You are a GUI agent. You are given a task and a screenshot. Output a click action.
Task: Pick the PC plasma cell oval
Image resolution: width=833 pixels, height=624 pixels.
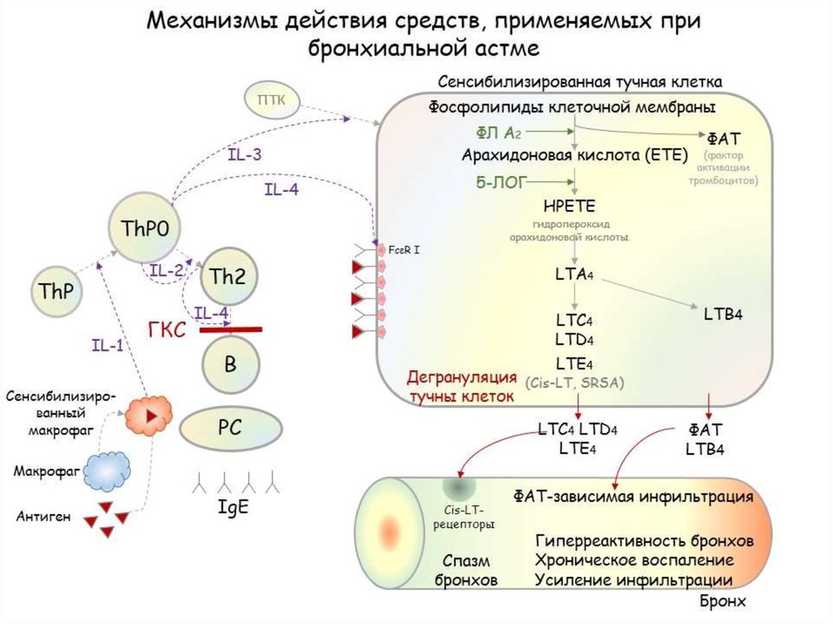tap(230, 426)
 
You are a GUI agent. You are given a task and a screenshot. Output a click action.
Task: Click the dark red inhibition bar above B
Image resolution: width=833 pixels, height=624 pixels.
tap(231, 329)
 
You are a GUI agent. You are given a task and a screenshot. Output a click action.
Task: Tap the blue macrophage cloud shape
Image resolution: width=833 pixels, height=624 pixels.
tap(108, 470)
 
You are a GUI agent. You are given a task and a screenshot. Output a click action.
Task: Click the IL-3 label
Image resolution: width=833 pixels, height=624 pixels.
tap(244, 154)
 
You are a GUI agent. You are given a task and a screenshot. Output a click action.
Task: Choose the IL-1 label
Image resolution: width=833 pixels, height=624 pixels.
tap(107, 346)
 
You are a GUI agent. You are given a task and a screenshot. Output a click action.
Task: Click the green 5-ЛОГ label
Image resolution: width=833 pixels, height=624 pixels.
tap(500, 181)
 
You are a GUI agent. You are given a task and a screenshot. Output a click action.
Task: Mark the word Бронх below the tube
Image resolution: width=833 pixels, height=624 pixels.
tap(722, 603)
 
